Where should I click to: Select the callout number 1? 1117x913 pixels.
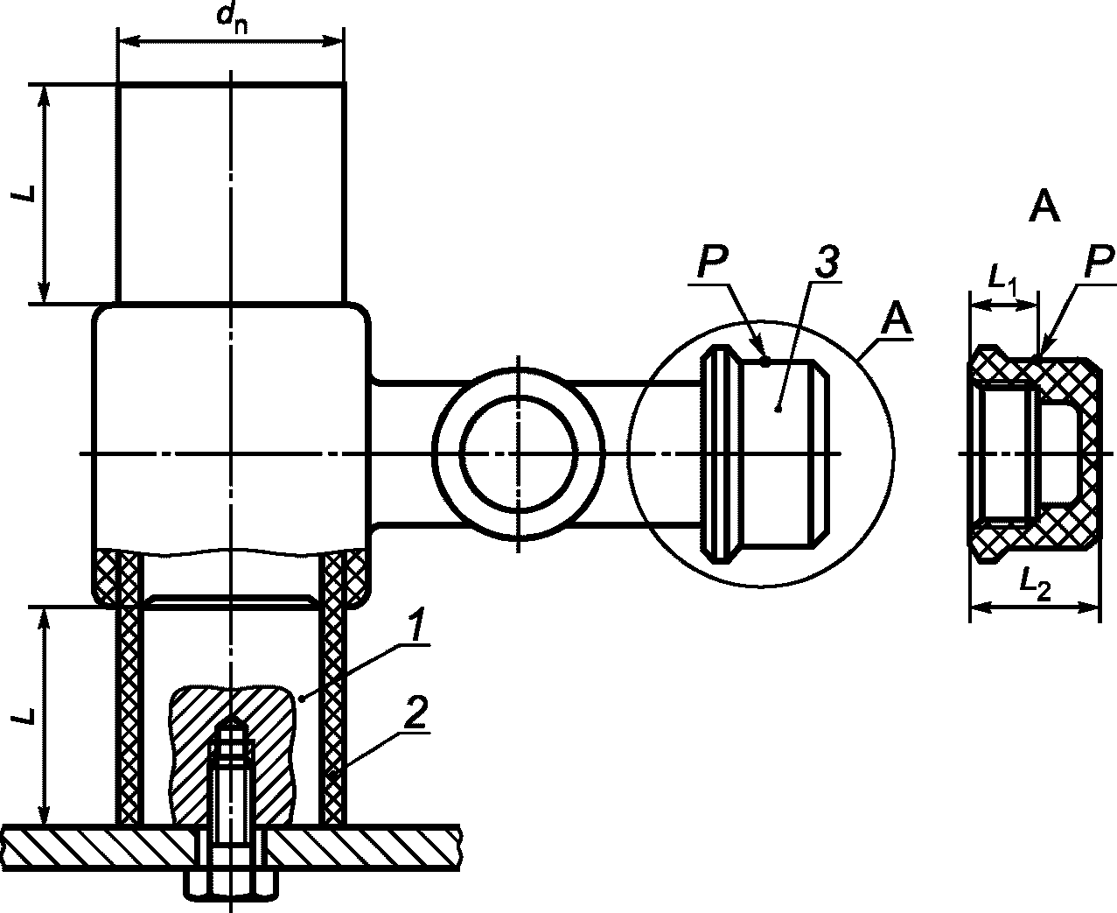point(417,625)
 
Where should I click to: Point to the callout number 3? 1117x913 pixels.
point(827,261)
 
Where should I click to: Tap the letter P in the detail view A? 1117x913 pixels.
point(1099,262)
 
